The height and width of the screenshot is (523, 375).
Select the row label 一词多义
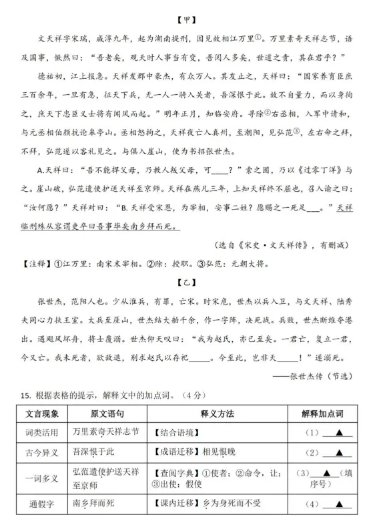tap(37, 480)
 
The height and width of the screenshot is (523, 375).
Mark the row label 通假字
tap(37, 508)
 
